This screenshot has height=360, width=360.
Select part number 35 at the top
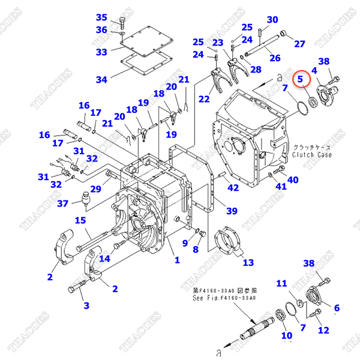(101, 17)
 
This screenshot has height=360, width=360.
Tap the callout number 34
(101, 79)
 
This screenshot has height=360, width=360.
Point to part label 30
(272, 20)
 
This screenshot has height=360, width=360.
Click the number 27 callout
(299, 43)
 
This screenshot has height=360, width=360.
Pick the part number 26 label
(275, 58)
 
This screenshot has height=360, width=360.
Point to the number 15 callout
(81, 220)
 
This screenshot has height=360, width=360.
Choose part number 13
(248, 262)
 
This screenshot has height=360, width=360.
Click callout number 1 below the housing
(177, 260)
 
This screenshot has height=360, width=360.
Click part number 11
(281, 283)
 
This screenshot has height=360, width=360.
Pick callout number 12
(323, 329)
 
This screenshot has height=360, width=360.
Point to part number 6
(336, 308)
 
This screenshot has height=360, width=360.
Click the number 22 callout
(205, 98)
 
